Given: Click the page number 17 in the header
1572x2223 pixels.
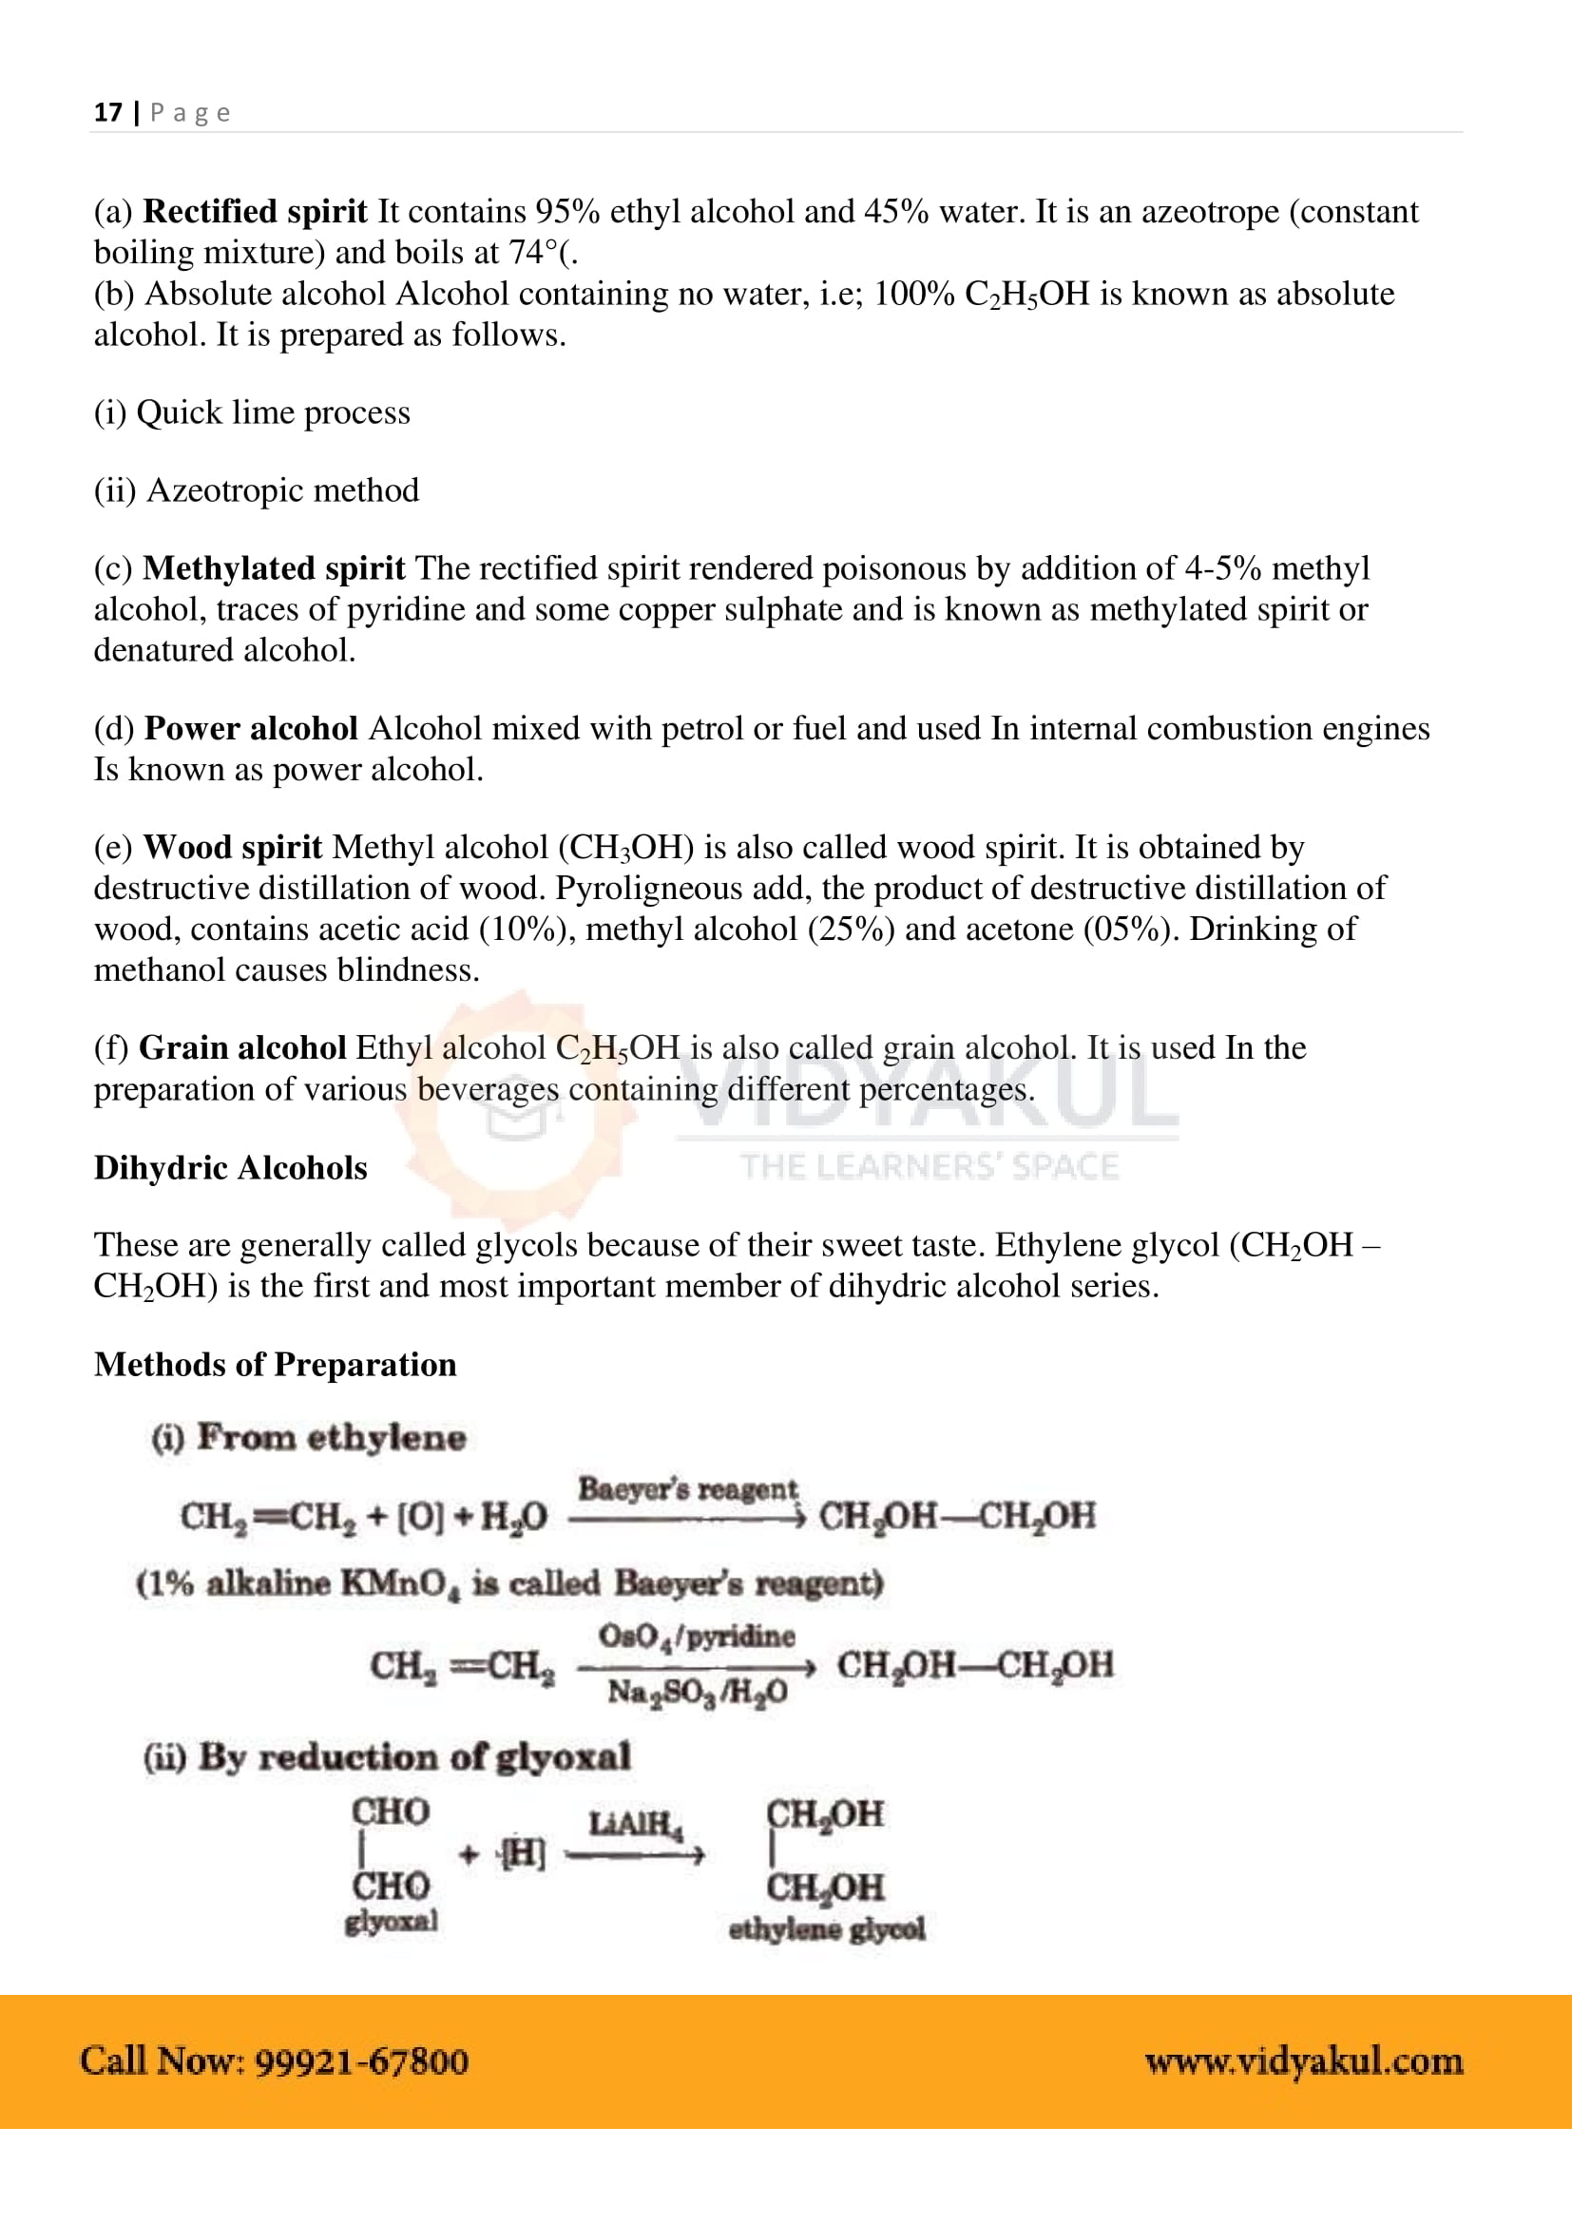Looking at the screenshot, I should [107, 112].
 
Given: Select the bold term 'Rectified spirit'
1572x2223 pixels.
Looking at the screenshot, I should [255, 211].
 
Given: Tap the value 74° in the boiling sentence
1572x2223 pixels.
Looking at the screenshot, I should [533, 252].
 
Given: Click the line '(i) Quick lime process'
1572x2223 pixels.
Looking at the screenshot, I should [252, 412].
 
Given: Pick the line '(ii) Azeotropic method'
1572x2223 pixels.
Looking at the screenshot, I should [257, 489].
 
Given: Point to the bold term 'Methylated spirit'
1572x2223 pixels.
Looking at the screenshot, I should [274, 568].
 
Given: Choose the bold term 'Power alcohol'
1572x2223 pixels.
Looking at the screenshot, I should [251, 728].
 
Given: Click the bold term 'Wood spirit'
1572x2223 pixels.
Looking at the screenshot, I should [232, 847].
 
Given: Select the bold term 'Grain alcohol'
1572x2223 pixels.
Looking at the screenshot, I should [242, 1047].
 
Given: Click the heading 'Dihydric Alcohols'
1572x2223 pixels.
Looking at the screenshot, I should [230, 1168].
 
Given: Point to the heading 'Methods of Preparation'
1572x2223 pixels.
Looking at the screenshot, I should [275, 1364].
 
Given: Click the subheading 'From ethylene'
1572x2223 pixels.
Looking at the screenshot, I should [331, 1437].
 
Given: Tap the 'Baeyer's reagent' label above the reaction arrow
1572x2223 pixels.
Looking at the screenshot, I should [687, 1489].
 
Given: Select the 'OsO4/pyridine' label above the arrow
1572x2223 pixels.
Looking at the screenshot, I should [696, 1637].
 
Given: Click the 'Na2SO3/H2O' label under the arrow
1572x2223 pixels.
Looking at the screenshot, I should [697, 1693].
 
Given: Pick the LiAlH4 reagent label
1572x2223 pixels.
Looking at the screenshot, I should [635, 1824].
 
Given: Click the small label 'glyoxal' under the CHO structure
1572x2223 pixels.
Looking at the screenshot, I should [391, 1921].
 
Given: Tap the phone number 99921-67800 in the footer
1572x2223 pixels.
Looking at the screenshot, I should [361, 2061].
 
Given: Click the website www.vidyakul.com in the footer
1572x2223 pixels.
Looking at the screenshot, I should [1303, 2061].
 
